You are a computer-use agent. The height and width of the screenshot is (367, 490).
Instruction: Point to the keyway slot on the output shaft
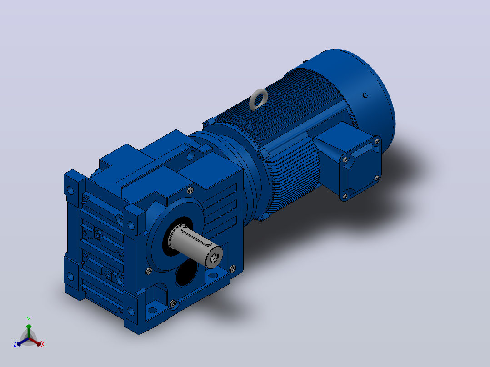197,237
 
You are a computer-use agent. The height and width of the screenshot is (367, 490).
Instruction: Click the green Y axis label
29,319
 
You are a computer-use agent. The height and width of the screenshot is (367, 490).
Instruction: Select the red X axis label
43,344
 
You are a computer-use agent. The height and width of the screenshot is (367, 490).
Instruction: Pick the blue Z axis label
15,344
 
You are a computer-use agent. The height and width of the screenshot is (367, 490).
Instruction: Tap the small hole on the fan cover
365,95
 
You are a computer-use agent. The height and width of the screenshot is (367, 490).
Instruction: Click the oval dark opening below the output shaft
186,273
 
